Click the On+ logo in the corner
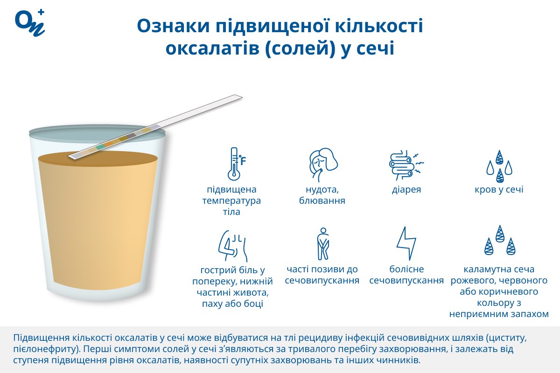[x=30, y=23]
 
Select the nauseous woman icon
[x=323, y=165]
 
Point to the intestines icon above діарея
[x=406, y=165]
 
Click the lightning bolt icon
[x=406, y=243]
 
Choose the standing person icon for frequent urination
[x=323, y=244]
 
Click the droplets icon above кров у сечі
[x=499, y=166]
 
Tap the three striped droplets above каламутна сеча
[x=500, y=240]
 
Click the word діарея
[x=406, y=189]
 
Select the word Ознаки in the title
[x=173, y=26]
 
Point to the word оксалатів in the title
[x=212, y=48]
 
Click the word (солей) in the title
[x=300, y=48]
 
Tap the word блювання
[x=322, y=200]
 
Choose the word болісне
[x=406, y=269]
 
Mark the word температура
[x=231, y=200]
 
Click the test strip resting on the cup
[x=155, y=127]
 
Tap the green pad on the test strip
[x=99, y=147]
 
